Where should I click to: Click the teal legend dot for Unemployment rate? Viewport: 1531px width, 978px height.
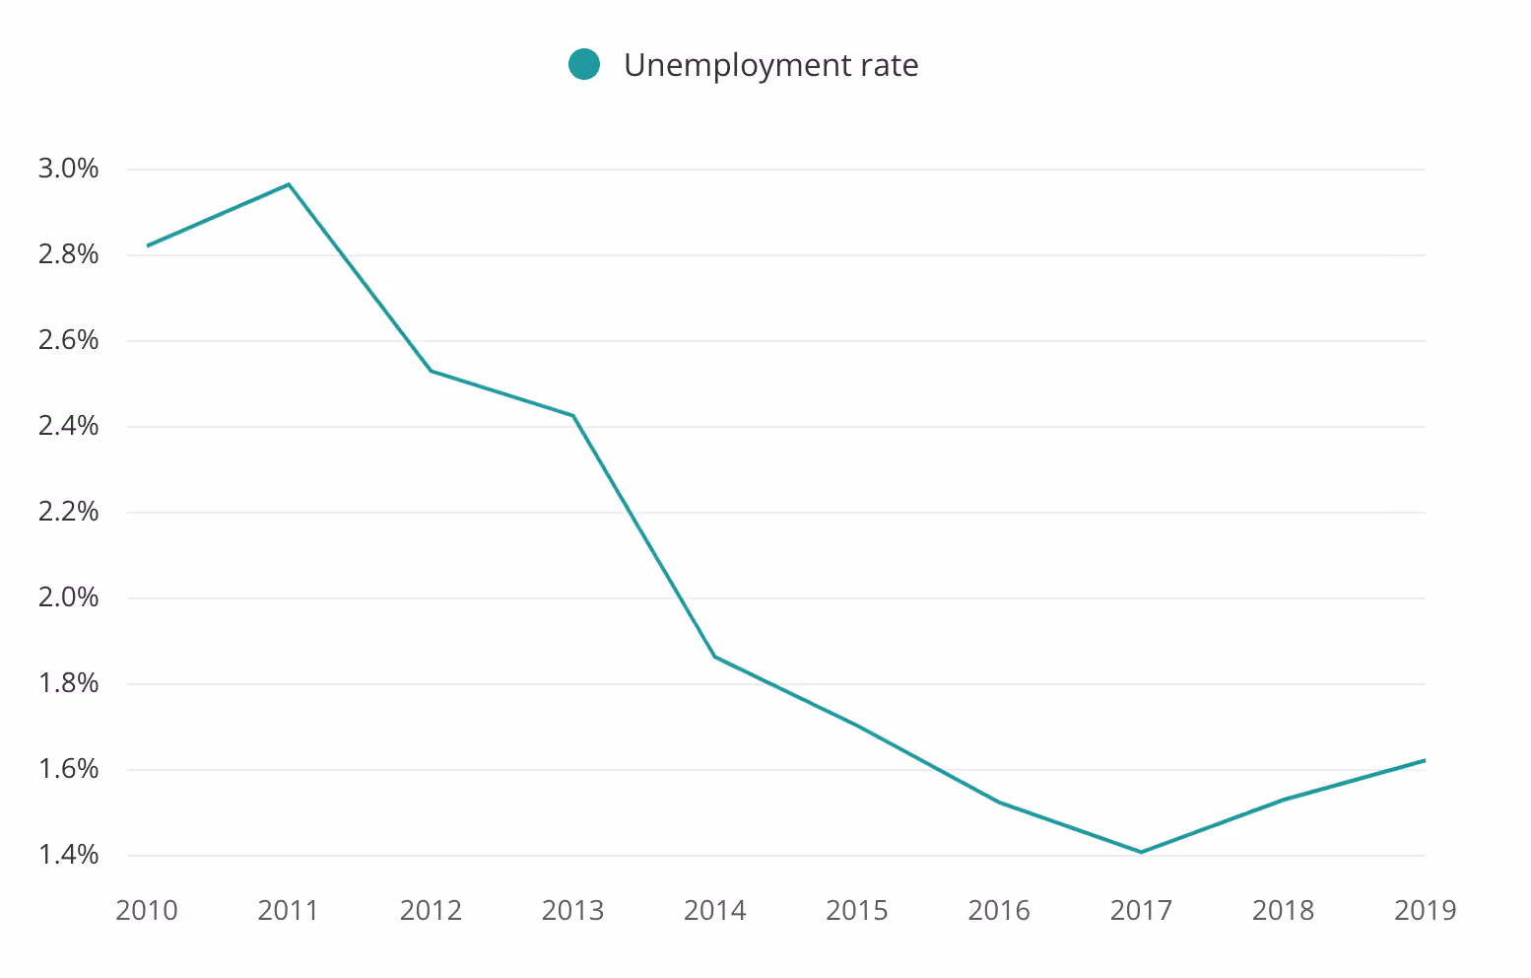(584, 65)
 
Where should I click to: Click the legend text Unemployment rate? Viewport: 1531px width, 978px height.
(770, 65)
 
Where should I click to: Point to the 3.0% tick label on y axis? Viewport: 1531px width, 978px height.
(69, 169)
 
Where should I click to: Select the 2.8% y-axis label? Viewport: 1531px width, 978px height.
(69, 254)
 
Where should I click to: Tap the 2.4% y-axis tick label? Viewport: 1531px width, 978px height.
(69, 426)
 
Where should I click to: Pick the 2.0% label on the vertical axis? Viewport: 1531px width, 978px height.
(69, 597)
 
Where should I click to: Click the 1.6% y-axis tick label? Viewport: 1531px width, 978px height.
(69, 769)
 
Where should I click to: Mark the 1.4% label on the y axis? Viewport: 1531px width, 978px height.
(69, 855)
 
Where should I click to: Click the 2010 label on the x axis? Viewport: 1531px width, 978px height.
(147, 910)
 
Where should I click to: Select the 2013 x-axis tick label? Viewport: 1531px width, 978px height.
(572, 910)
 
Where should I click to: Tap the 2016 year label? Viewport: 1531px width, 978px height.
(999, 910)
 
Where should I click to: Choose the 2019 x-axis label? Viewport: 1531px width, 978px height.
(1425, 910)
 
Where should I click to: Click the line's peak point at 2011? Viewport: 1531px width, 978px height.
(289, 183)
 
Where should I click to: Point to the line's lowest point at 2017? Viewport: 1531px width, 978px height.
(1141, 852)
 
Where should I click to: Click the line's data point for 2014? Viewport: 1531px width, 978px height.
(715, 657)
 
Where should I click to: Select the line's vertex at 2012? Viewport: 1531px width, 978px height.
(431, 371)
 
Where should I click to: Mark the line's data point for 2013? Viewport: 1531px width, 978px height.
(572, 415)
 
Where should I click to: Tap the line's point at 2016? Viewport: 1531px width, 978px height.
(999, 802)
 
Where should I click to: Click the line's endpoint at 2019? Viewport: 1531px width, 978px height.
(1425, 760)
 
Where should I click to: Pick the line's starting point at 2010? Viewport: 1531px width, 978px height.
(148, 245)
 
